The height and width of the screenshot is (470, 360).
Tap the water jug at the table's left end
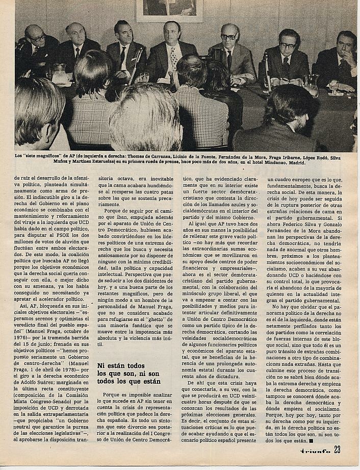60,75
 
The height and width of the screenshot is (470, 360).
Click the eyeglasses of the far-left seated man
36,38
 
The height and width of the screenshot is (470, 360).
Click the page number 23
337,449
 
